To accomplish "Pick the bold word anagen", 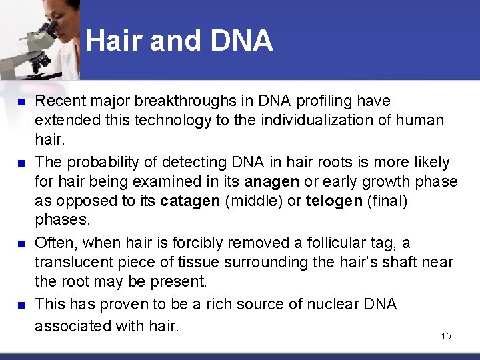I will [272, 181].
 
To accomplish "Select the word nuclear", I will [331, 305].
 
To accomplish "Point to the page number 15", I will [446, 336].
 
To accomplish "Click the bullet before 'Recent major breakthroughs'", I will [21, 102].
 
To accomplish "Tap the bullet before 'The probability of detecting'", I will [21, 163].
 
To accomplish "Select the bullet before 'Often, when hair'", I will [21, 243].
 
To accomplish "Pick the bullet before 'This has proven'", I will [21, 305].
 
